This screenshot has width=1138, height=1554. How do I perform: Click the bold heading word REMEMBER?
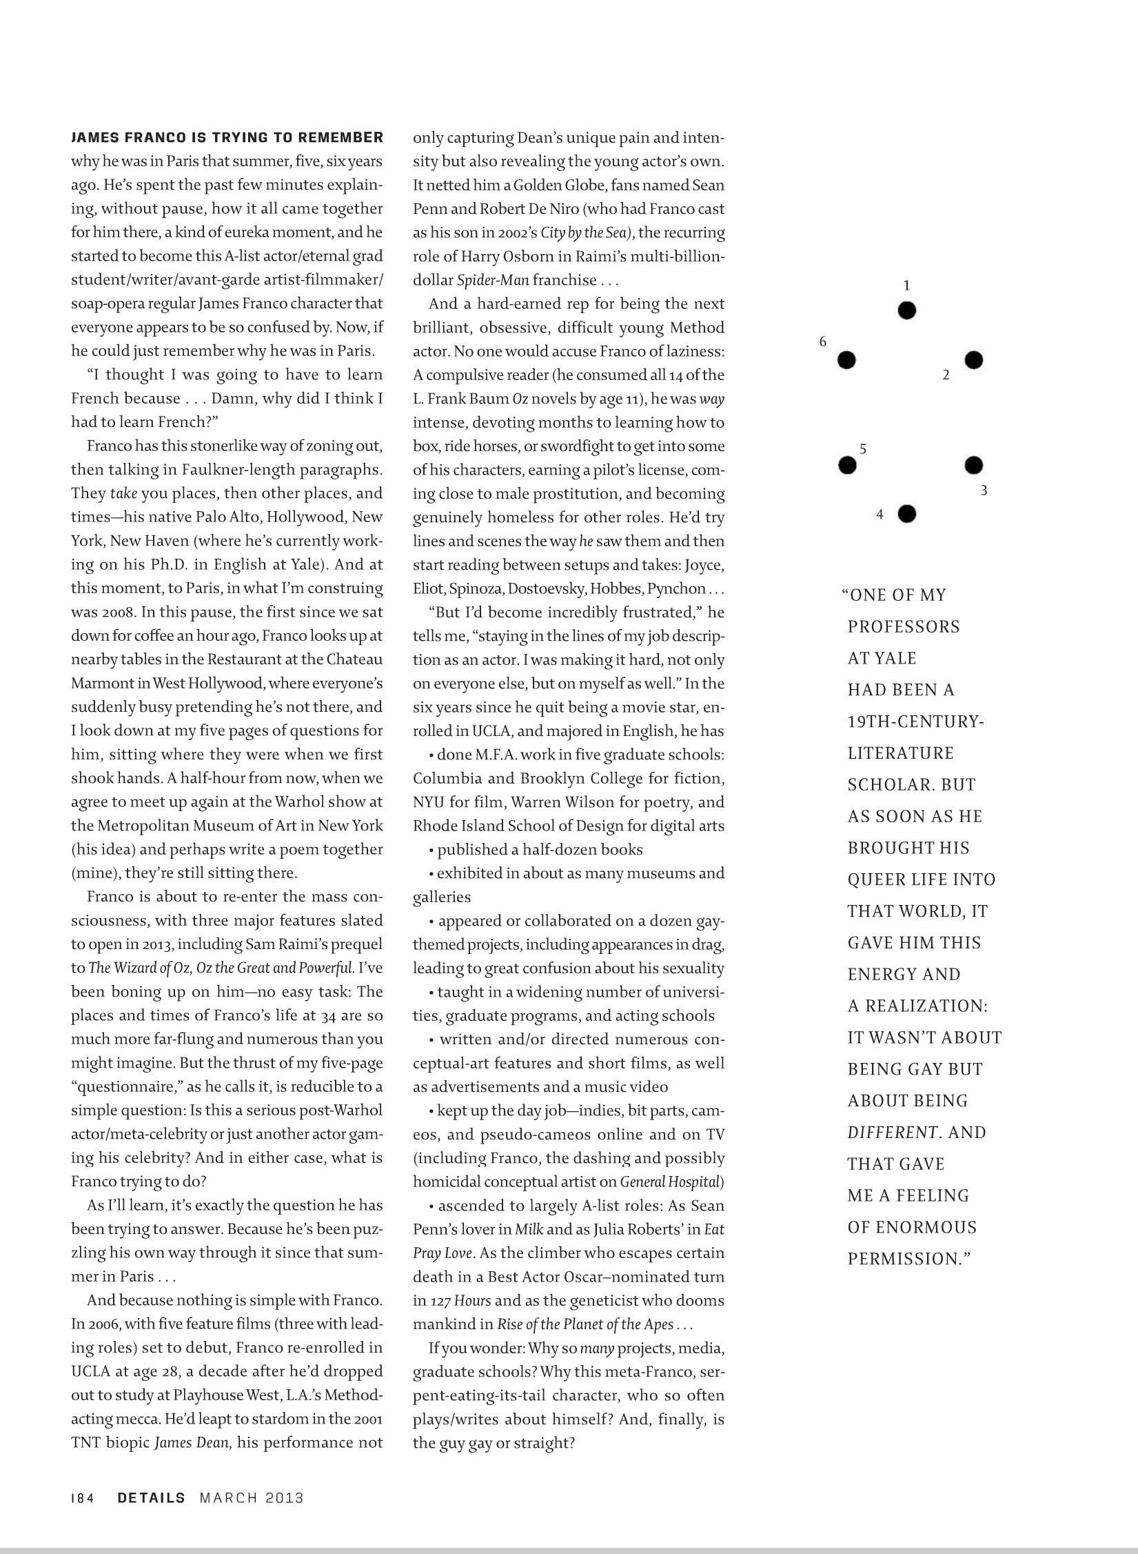point(342,137)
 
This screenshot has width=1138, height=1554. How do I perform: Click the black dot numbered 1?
point(907,310)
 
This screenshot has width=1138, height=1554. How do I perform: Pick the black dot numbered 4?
point(907,514)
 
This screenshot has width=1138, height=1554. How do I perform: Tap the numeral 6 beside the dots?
point(822,341)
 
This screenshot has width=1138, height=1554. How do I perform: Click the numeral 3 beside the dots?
point(984,491)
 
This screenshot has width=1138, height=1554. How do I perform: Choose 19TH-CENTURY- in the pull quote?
point(916,721)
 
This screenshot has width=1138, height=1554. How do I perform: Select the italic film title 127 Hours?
point(461,1301)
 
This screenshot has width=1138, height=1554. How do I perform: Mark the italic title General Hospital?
point(670,1182)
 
